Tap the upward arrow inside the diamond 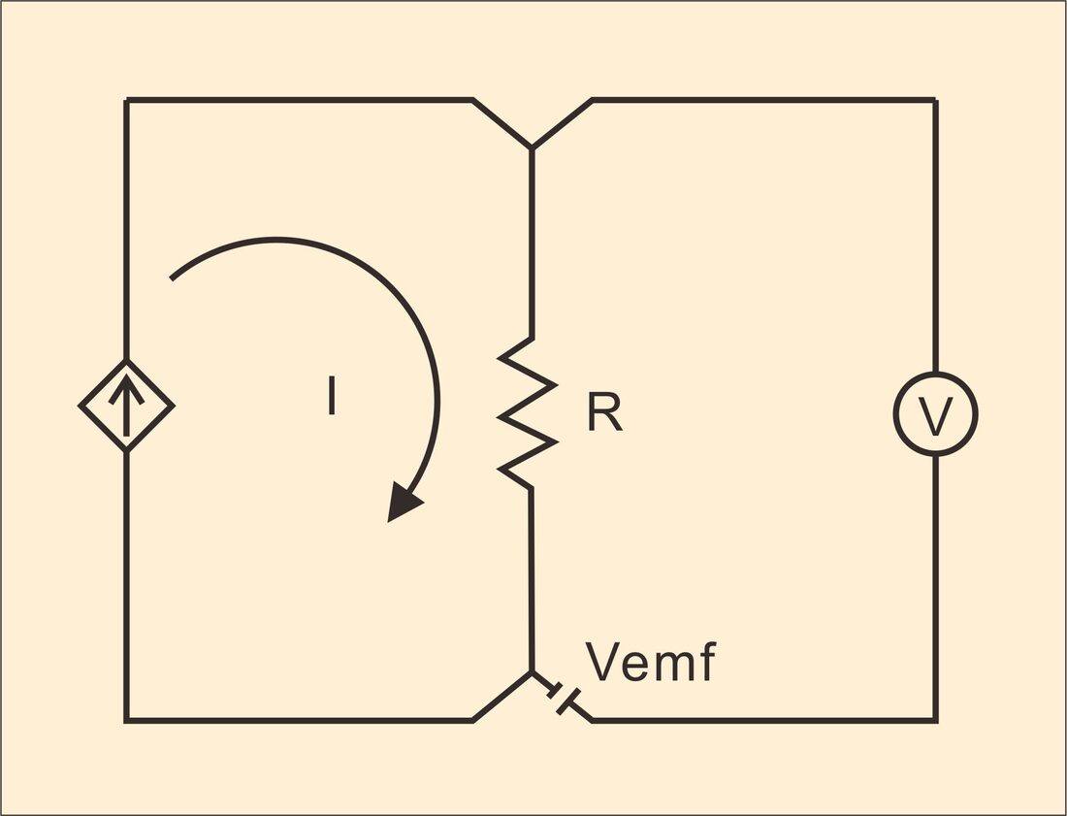pyautogui.click(x=126, y=405)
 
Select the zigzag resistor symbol pyautogui.click(x=528, y=413)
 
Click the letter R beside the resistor pyautogui.click(x=605, y=411)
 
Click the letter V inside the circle pyautogui.click(x=936, y=415)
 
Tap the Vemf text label pyautogui.click(x=650, y=661)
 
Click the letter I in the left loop pyautogui.click(x=332, y=396)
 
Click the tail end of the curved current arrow pyautogui.click(x=171, y=279)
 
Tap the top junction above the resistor pyautogui.click(x=532, y=147)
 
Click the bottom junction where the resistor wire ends pyautogui.click(x=532, y=672)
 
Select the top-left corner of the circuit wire pyautogui.click(x=126, y=100)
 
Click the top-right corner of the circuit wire pyautogui.click(x=936, y=100)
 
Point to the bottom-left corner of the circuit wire pyautogui.click(x=126, y=720)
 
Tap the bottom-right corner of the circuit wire pyautogui.click(x=936, y=720)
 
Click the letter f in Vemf pyautogui.click(x=708, y=661)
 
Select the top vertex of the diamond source pyautogui.click(x=126, y=360)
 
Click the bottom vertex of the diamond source pyautogui.click(x=126, y=451)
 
